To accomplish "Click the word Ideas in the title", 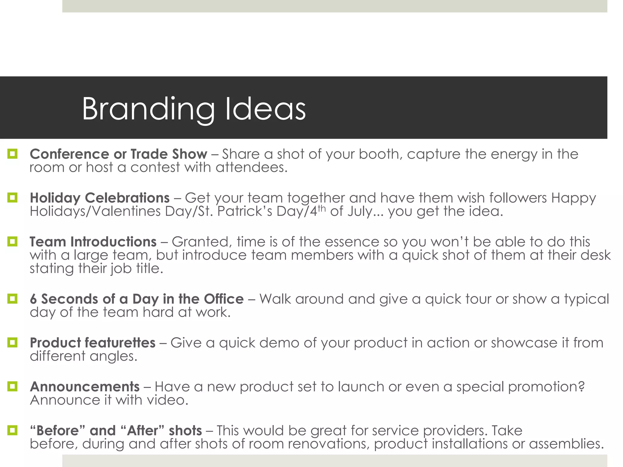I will coord(265,109).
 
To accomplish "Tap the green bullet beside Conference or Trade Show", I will coord(12,154).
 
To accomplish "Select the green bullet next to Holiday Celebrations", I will coord(12,198).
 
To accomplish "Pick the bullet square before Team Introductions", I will coord(12,242).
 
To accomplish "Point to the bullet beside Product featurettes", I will coord(12,343).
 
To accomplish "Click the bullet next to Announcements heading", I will coord(12,386).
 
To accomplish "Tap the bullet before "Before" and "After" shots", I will coord(12,430).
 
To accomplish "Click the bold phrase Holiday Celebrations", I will coord(99,198).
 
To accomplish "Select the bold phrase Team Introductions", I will coord(93,242).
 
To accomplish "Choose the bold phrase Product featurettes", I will coord(92,343).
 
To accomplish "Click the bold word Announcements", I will coord(85,387).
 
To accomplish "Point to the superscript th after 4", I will coord(322,208).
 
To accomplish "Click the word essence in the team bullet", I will coord(352,242).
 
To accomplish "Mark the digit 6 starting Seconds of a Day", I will coord(33,299).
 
